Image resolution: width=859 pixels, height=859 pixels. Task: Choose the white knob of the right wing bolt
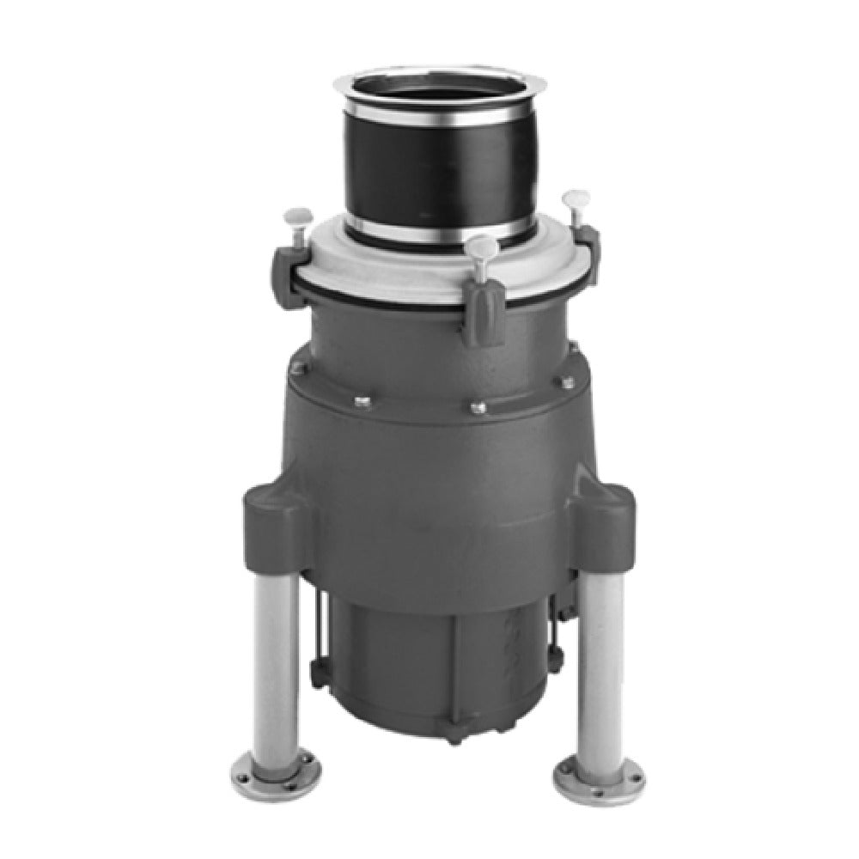click(573, 199)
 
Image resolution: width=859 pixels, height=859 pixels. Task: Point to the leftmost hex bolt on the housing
click(299, 369)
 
